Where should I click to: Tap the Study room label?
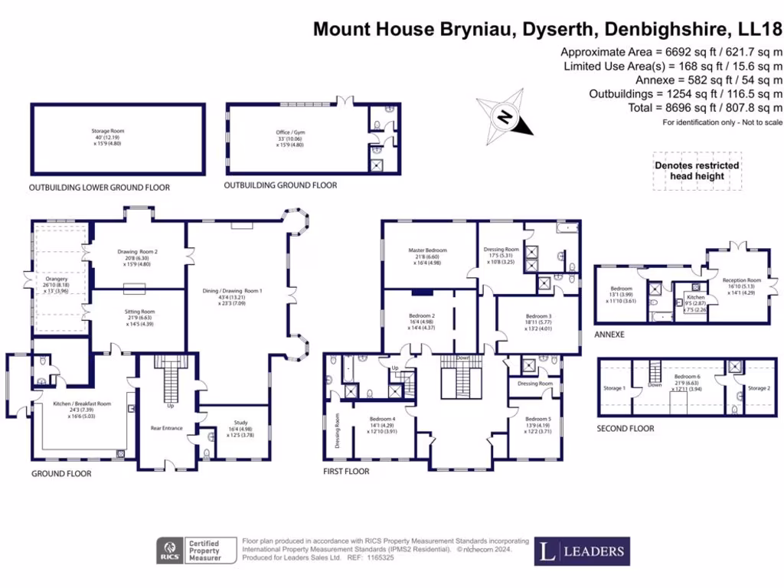pos(234,430)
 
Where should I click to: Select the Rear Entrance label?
pos(167,428)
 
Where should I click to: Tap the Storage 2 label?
pos(759,388)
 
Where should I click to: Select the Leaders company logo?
pos(582,550)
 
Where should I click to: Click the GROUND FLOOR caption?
pos(61,474)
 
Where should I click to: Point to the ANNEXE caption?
pos(610,335)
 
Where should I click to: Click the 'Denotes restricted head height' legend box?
pos(697,170)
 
